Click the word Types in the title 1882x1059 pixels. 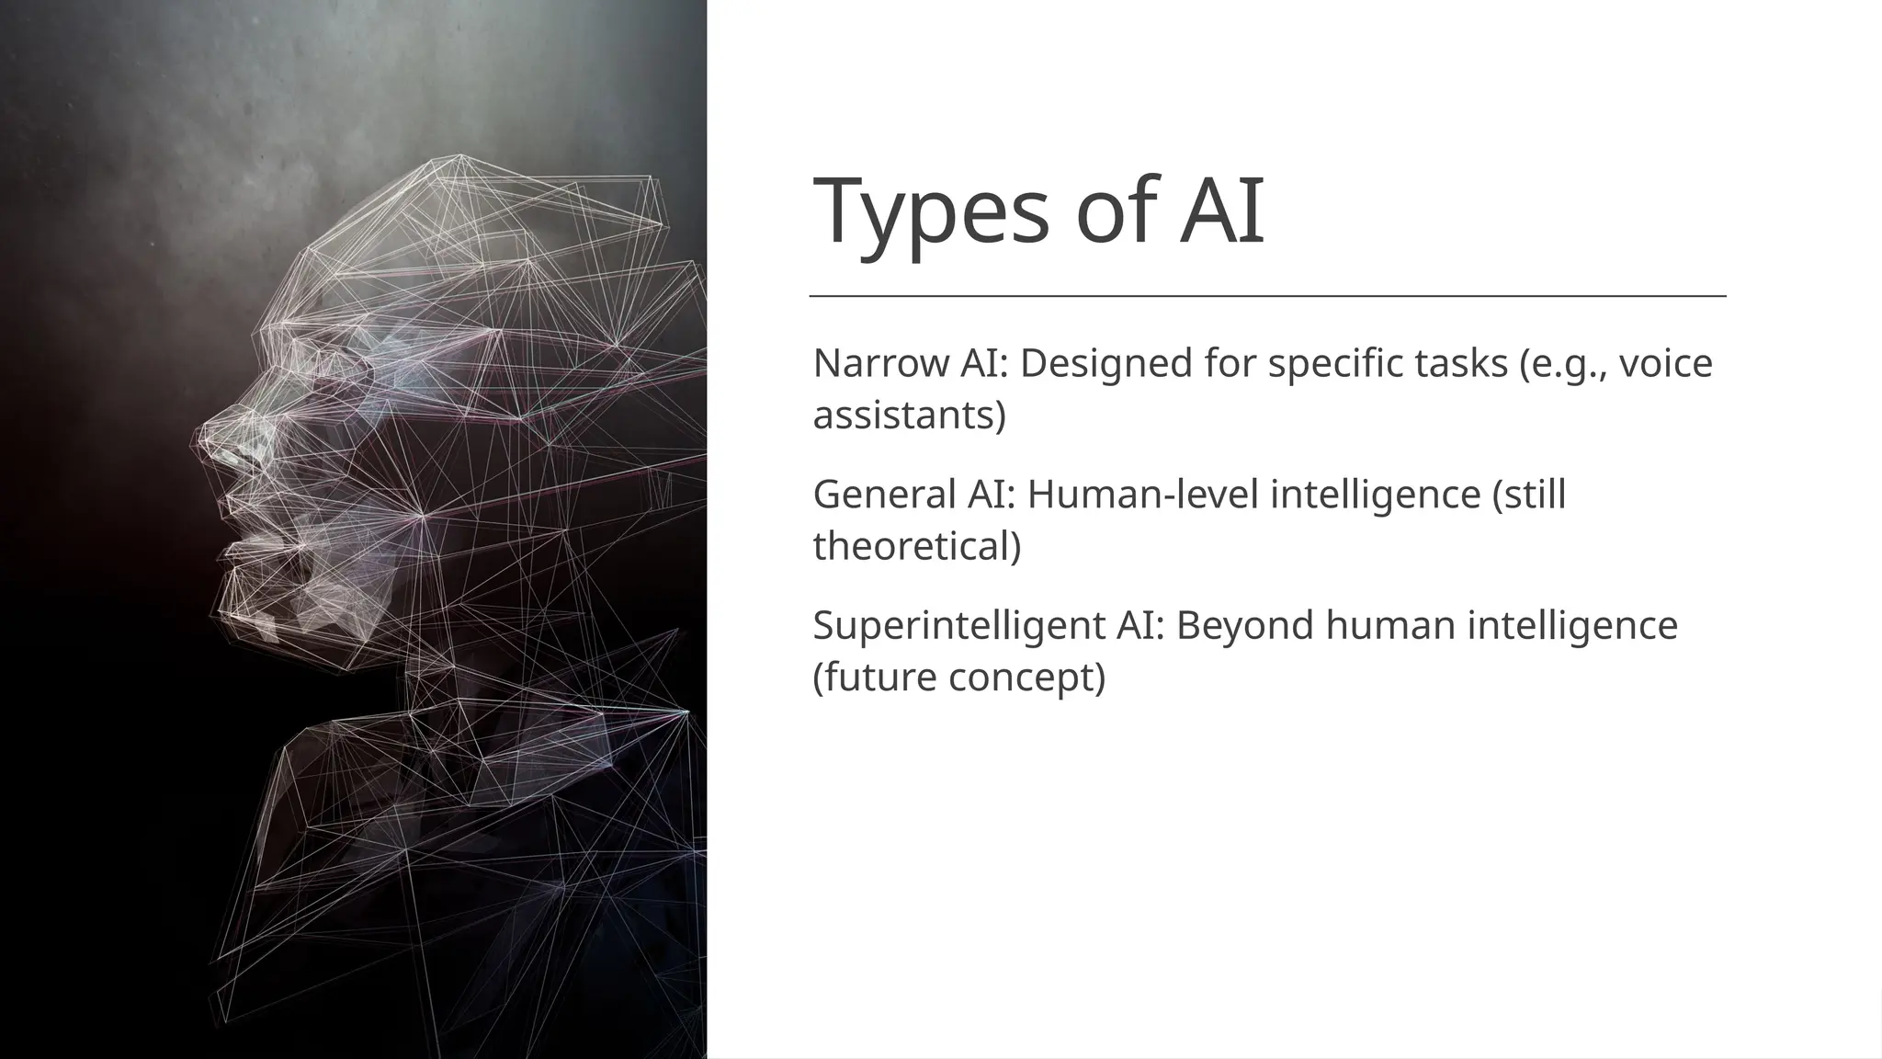coord(930,212)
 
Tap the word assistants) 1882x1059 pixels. coord(909,416)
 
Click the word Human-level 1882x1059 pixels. coord(1142,495)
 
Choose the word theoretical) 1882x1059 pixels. coord(916,546)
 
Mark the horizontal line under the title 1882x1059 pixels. coord(1267,297)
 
